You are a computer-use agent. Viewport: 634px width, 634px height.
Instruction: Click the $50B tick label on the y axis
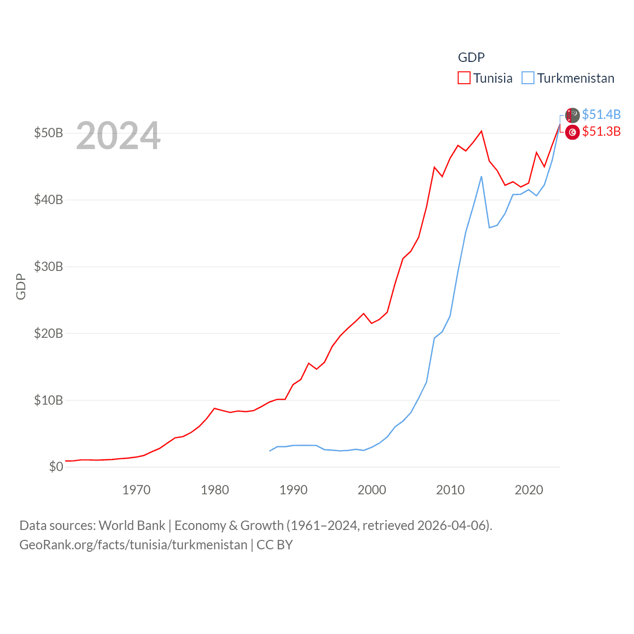pyautogui.click(x=49, y=133)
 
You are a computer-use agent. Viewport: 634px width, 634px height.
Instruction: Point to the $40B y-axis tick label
pyautogui.click(x=49, y=200)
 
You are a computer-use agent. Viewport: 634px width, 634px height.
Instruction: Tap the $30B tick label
pyautogui.click(x=49, y=267)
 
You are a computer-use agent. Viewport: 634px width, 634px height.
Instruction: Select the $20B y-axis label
pyautogui.click(x=49, y=333)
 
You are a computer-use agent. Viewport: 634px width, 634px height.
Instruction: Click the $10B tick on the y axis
pyautogui.click(x=49, y=400)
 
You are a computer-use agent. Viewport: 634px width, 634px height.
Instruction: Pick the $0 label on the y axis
pyautogui.click(x=56, y=467)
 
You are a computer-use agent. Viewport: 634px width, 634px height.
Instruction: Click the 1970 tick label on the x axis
pyautogui.click(x=136, y=490)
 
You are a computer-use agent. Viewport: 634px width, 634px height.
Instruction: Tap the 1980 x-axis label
pyautogui.click(x=215, y=490)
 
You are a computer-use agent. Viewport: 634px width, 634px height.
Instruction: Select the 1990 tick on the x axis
pyautogui.click(x=293, y=490)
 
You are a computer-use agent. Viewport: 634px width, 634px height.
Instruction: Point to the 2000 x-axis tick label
pyautogui.click(x=372, y=490)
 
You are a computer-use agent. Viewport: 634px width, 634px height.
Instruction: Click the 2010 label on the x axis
pyautogui.click(x=450, y=490)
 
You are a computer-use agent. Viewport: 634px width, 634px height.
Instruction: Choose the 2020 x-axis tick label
pyautogui.click(x=529, y=490)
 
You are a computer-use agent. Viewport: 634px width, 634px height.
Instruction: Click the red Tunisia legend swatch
pyautogui.click(x=464, y=78)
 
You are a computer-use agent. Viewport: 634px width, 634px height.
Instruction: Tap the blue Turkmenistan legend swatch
pyautogui.click(x=528, y=78)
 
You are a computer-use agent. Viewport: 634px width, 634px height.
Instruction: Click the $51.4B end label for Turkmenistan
pyautogui.click(x=601, y=114)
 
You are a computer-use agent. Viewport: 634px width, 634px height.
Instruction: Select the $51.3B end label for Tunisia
pyautogui.click(x=601, y=131)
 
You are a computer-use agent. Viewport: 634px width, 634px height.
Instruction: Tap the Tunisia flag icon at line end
pyautogui.click(x=573, y=132)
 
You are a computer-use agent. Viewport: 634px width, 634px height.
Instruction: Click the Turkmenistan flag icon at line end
pyautogui.click(x=573, y=115)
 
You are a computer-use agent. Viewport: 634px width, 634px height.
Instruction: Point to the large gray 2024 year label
pyautogui.click(x=118, y=136)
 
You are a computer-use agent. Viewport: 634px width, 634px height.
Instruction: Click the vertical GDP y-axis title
pyautogui.click(x=21, y=286)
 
